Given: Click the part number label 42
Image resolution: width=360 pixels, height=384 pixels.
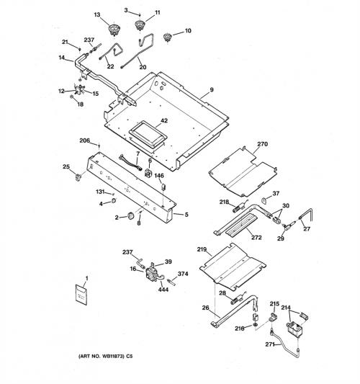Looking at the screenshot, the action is [164, 120].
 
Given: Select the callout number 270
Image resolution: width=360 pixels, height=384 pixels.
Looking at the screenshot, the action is [262, 144].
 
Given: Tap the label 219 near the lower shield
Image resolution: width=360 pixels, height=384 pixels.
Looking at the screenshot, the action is [202, 249].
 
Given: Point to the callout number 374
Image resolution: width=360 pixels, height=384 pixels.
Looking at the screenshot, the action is [183, 274].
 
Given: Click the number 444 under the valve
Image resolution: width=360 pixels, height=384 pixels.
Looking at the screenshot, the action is [163, 290].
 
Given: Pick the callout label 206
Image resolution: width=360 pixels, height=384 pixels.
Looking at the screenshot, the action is [85, 140].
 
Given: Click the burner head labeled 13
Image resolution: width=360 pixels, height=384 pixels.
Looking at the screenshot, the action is [113, 29].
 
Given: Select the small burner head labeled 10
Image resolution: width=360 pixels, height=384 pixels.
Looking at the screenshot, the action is [167, 37].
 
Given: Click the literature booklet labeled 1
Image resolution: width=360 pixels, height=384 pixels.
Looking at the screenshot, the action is [81, 295].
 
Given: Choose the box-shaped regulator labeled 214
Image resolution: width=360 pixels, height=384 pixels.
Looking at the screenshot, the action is [294, 330].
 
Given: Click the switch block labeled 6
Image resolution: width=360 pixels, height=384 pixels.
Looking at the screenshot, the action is [148, 173].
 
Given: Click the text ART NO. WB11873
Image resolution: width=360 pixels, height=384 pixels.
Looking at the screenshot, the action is [102, 356].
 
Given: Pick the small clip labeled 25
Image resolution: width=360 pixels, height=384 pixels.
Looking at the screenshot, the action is [78, 177].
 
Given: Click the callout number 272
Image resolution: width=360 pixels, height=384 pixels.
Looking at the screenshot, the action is [256, 237].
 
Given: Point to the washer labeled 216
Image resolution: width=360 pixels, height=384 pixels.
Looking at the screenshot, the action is [255, 325].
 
